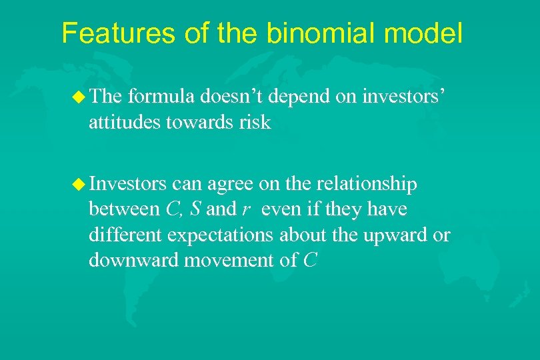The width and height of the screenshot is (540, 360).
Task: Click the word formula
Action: [x=159, y=97]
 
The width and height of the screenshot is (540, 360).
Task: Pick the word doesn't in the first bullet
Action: [x=228, y=97]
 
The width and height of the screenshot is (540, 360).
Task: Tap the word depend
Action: [x=299, y=97]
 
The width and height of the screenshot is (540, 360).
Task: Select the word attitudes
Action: [x=123, y=123]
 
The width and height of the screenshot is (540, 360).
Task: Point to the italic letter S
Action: [x=195, y=209]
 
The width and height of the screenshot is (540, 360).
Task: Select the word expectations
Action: [x=221, y=235]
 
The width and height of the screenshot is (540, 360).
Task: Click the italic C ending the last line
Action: [x=309, y=261]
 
